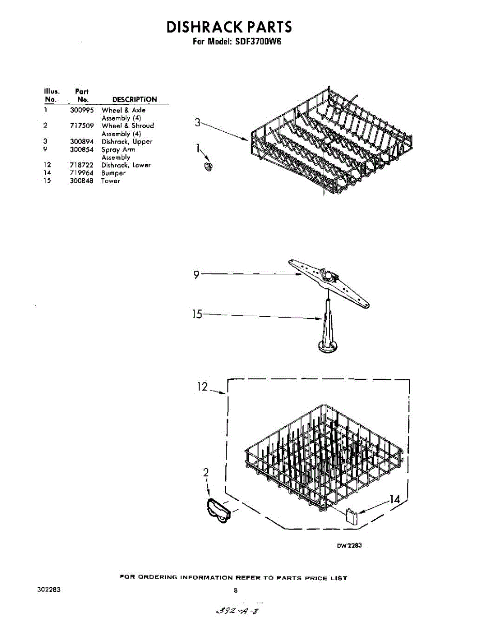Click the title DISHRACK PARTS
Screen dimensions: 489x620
pyautogui.click(x=229, y=27)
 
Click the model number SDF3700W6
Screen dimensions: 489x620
pyautogui.click(x=258, y=42)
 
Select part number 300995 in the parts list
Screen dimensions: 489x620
pyautogui.click(x=82, y=110)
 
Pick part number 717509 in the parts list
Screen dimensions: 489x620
pyautogui.click(x=82, y=126)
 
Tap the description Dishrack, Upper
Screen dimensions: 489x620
pyautogui.click(x=127, y=142)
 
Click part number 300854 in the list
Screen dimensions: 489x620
pyautogui.click(x=82, y=149)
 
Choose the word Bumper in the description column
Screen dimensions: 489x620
pyautogui.click(x=113, y=173)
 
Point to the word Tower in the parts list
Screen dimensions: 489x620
pyautogui.click(x=111, y=181)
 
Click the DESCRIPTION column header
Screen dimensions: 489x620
pyautogui.click(x=134, y=99)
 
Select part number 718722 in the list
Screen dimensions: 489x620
pyautogui.click(x=82, y=165)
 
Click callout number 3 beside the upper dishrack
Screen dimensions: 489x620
pyautogui.click(x=197, y=122)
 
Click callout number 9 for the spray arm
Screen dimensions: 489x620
pyautogui.click(x=196, y=275)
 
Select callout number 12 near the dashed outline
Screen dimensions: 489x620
pyautogui.click(x=202, y=386)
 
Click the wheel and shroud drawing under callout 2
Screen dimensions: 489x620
pyautogui.click(x=218, y=511)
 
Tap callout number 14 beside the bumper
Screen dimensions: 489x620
pyautogui.click(x=394, y=499)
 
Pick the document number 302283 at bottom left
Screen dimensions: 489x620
pyautogui.click(x=49, y=590)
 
